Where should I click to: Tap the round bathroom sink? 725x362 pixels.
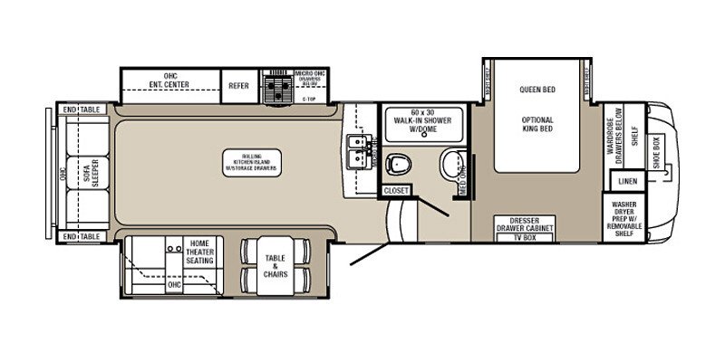point(449,165)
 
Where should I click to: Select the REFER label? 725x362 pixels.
point(239,86)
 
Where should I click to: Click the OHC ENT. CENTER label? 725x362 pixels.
point(170,82)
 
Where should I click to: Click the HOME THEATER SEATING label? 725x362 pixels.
point(199,252)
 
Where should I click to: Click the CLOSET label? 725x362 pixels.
point(396,191)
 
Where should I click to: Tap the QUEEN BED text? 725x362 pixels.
point(537,90)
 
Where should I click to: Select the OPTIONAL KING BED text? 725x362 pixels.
point(537,124)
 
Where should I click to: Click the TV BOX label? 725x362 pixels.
point(527,238)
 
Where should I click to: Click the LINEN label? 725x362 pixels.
point(627,181)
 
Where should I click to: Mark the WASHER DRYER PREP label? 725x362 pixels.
point(626,217)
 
